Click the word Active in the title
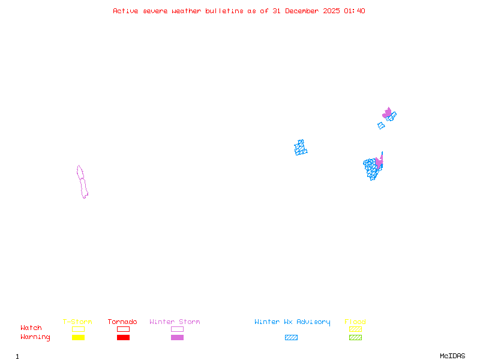click(x=125, y=11)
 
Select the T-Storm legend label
click(x=77, y=322)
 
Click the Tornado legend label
click(x=122, y=322)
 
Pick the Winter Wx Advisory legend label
click(x=292, y=322)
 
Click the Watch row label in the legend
click(x=31, y=328)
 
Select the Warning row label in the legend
click(x=35, y=337)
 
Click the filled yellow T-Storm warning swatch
click(x=78, y=337)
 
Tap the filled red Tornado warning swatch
click(x=123, y=337)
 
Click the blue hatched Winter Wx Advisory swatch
click(x=291, y=337)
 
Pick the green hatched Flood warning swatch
click(x=355, y=337)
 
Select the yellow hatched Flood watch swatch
click(x=355, y=329)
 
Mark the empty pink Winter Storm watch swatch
click(x=177, y=329)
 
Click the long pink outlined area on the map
click(x=82, y=181)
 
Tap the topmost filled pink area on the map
click(x=387, y=112)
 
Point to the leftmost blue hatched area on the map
click(x=301, y=148)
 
